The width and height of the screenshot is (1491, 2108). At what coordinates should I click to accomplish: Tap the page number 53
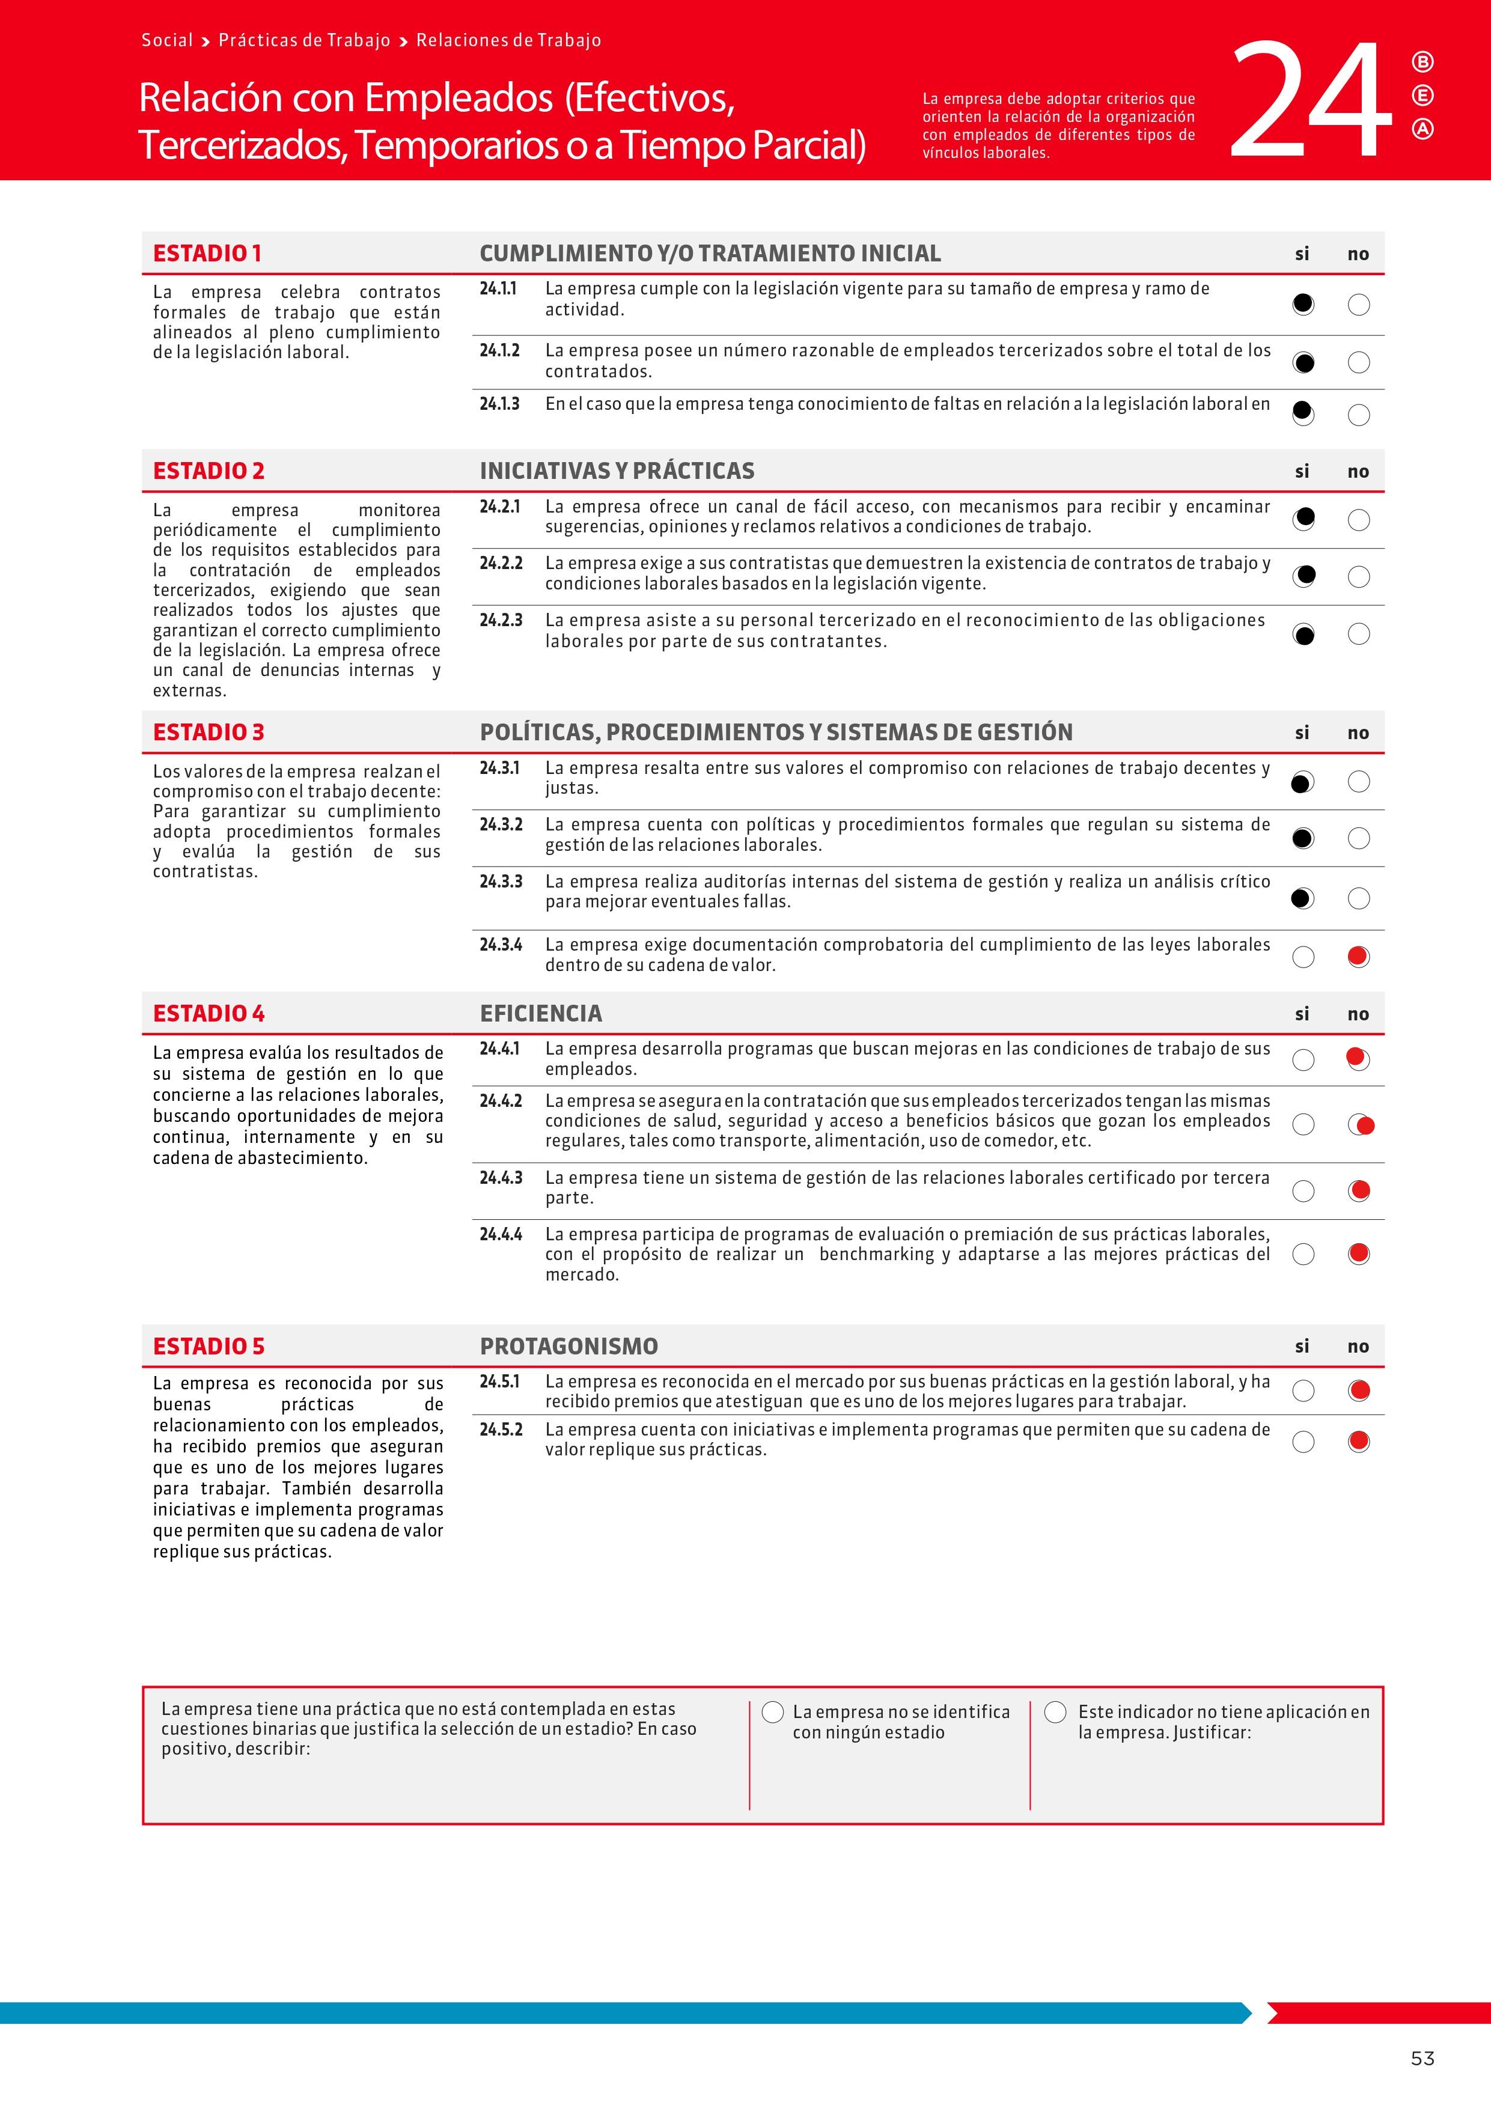point(1422,2058)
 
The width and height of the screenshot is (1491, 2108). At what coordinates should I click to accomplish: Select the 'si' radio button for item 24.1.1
point(1303,304)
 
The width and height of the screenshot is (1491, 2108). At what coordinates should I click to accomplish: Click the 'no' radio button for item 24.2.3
point(1359,633)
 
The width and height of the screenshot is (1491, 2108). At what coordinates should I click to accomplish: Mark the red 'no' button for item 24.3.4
point(1359,957)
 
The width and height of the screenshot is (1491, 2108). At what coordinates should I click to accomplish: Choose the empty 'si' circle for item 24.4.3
point(1303,1192)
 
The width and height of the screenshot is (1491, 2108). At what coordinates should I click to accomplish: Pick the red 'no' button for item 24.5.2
point(1359,1442)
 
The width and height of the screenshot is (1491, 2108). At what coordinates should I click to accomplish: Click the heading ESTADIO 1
point(207,254)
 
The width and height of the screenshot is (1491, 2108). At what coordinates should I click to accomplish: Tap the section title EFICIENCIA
point(541,1014)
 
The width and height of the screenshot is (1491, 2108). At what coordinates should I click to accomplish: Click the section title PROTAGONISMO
point(569,1346)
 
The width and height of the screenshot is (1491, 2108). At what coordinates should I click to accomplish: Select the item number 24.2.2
point(501,563)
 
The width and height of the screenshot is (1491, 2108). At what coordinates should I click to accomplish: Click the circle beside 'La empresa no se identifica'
point(773,1712)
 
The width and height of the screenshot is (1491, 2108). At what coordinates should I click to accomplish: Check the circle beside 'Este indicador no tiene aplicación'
point(1056,1712)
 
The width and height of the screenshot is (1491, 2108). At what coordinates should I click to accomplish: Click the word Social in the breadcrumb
point(167,40)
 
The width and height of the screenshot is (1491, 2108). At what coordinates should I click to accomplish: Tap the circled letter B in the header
point(1422,62)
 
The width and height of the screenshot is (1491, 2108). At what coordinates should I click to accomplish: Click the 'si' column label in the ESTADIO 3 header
point(1302,733)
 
